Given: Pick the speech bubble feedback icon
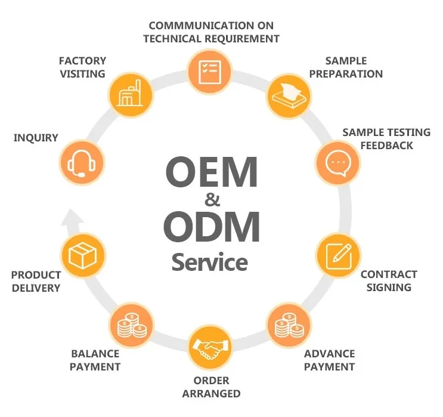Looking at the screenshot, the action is (x=337, y=162).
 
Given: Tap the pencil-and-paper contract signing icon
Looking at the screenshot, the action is (x=337, y=255).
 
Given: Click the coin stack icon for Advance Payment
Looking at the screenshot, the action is (x=288, y=326).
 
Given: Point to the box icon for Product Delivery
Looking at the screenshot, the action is (x=83, y=256).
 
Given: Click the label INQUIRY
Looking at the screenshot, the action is (x=36, y=138).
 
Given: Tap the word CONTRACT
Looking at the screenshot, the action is (x=389, y=274).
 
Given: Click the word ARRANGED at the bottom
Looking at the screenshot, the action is (x=211, y=393).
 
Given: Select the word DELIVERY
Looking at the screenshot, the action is (x=36, y=288).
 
